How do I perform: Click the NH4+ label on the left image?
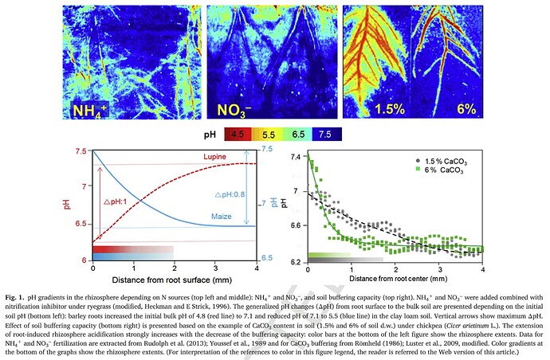click(x=94, y=110)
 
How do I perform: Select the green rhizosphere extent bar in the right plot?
click(x=328, y=255)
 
